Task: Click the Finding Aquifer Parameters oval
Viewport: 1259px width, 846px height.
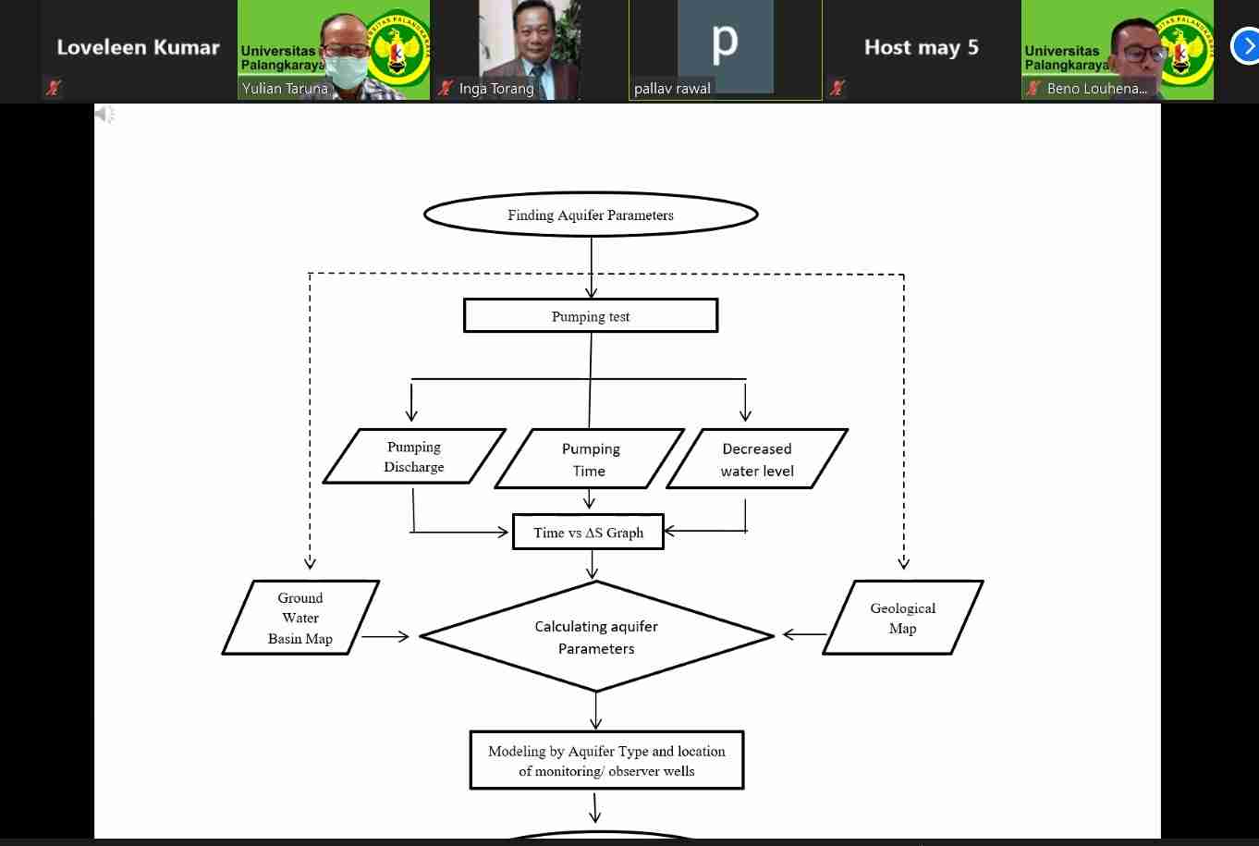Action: coord(591,215)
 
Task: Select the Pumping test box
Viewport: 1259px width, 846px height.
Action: coord(591,316)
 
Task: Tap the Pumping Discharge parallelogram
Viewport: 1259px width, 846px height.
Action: coord(414,457)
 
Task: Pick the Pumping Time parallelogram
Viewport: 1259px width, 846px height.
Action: coord(590,460)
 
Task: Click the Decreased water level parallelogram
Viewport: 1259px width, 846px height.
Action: coord(757,460)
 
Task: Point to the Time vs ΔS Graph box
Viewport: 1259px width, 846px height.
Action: coord(589,533)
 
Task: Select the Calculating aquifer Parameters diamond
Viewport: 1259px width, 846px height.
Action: coord(596,637)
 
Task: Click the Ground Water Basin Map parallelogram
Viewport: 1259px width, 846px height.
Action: coord(300,618)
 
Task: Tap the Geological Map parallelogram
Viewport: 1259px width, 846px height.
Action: coord(903,618)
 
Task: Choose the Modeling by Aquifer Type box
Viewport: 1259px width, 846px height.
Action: coord(606,761)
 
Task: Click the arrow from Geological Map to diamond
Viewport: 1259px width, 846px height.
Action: coord(804,634)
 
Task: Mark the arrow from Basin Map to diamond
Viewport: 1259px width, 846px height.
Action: coord(385,636)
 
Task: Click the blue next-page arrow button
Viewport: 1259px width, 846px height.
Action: coord(1247,46)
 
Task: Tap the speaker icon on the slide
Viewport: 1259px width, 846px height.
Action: coord(104,114)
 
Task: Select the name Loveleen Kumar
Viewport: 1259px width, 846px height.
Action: coord(138,47)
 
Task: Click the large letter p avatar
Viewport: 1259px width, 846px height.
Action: coord(725,43)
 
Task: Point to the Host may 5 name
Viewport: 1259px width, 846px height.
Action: coord(921,47)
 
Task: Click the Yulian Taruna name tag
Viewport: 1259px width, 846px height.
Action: coord(285,89)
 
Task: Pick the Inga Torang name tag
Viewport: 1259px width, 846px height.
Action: coord(496,89)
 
